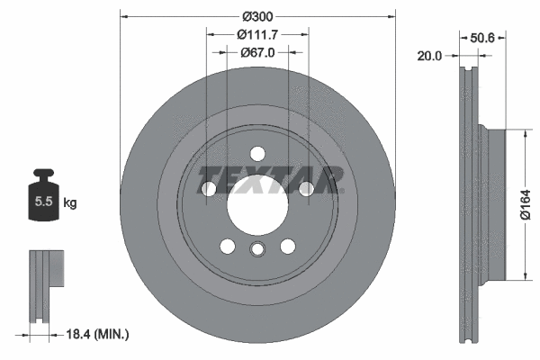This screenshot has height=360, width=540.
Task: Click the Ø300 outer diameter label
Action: tap(257, 15)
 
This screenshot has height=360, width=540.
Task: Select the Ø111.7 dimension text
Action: tap(256, 34)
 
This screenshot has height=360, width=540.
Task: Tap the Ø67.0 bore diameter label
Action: tap(256, 52)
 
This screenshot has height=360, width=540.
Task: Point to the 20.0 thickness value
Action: tap(429, 56)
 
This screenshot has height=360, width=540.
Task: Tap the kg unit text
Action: tap(70, 202)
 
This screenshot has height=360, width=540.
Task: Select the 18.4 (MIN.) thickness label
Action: tap(99, 334)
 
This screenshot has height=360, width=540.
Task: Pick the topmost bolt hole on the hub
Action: tap(256, 152)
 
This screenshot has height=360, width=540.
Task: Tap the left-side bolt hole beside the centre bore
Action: tap(209, 189)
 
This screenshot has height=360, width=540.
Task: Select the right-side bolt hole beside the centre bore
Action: tap(305, 188)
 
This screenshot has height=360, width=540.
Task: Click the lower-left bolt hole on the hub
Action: tap(227, 246)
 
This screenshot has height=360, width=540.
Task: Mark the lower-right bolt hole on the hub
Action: tap(287, 246)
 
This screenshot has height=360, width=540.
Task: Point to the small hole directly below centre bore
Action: tap(256, 251)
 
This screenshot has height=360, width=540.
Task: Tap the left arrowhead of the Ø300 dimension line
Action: tap(124, 15)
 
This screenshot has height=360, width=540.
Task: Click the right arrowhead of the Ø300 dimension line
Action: tap(391, 15)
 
